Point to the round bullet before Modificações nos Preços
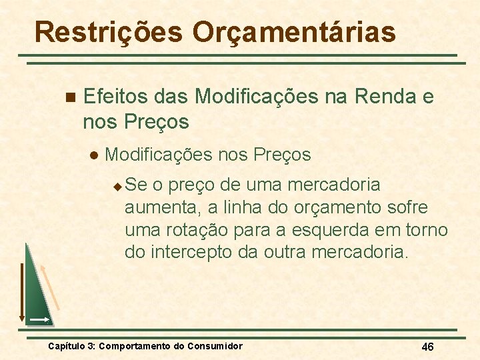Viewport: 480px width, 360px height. (x=93, y=155)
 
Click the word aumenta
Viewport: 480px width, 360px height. (x=157, y=207)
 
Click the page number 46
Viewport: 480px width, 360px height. (x=427, y=347)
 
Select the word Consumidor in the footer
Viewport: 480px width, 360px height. (x=215, y=346)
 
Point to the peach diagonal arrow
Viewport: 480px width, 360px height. (x=51, y=287)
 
